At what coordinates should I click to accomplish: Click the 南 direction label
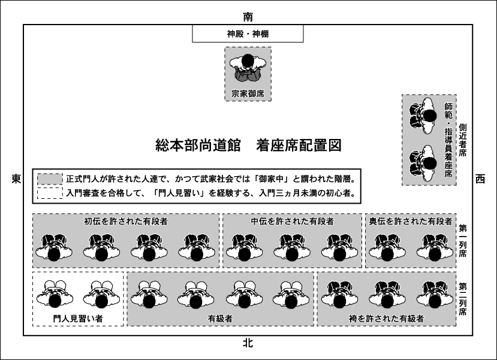[248, 16]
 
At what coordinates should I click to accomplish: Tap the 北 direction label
[248, 343]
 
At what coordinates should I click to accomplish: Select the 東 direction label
[16, 179]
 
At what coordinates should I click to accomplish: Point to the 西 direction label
[480, 179]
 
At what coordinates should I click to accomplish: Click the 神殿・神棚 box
[248, 34]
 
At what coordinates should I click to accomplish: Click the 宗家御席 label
[248, 93]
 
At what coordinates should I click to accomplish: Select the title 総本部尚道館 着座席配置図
[248, 146]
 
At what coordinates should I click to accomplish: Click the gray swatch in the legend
[50, 179]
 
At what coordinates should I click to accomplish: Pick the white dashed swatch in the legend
[50, 193]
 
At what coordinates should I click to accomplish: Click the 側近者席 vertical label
[462, 140]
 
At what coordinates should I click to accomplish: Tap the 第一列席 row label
[462, 241]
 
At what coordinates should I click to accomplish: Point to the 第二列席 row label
[462, 300]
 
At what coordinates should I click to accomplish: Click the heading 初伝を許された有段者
[126, 221]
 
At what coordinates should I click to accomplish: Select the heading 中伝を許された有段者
[292, 221]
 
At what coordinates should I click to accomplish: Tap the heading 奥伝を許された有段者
[411, 221]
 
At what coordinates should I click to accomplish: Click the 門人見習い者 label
[78, 319]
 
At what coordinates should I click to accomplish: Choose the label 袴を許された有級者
[386, 319]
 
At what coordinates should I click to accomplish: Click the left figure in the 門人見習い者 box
[55, 294]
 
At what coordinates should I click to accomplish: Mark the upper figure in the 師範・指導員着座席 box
[422, 116]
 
